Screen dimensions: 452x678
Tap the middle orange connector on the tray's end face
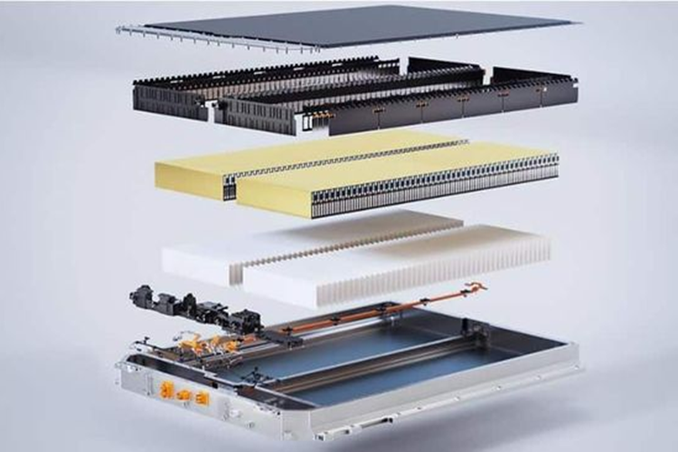(x=183, y=395)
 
